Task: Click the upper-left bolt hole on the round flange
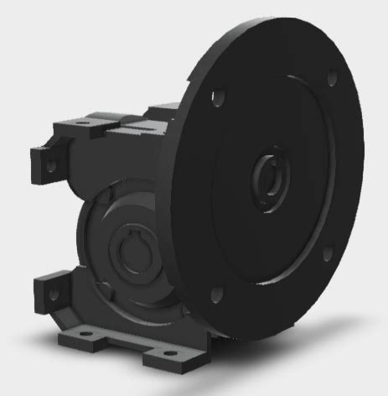[219, 97]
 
